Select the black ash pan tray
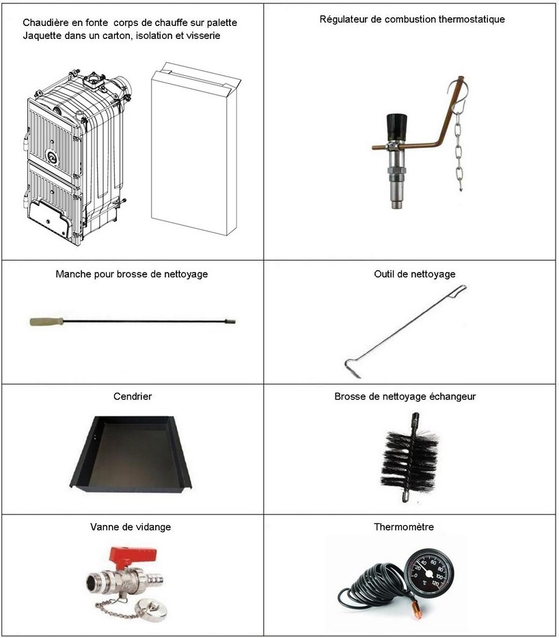(x=131, y=452)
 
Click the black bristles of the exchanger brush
(x=409, y=456)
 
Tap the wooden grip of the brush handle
(x=46, y=322)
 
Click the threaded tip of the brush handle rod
(x=230, y=322)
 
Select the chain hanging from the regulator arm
(x=459, y=147)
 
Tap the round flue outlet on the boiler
(x=122, y=85)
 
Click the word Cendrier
(x=133, y=396)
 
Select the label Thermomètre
(x=404, y=527)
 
